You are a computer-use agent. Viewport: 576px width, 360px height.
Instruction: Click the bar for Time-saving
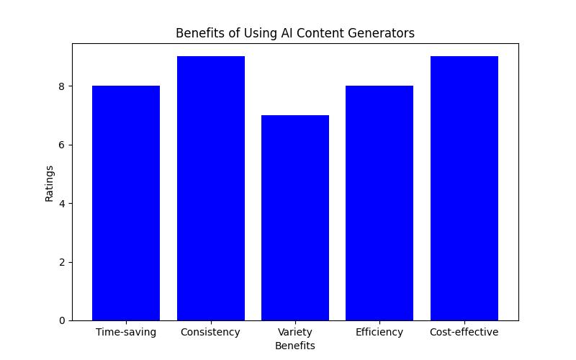click(126, 203)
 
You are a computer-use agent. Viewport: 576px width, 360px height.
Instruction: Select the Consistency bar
click(210, 189)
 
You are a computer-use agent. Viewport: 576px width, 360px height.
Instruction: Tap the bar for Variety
click(295, 217)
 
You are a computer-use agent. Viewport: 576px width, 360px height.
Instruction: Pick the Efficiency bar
click(379, 203)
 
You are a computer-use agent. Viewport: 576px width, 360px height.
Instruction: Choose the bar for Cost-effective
click(464, 189)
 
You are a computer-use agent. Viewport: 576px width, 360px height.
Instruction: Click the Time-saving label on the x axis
click(126, 332)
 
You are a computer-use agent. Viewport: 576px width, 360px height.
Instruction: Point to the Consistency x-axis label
click(210, 332)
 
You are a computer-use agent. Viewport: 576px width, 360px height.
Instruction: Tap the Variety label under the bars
click(295, 332)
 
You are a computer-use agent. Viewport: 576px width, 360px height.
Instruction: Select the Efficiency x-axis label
click(379, 332)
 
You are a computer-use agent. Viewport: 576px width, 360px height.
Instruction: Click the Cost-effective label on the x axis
click(464, 332)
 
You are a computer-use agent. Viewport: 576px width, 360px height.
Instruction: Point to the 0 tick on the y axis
click(61, 320)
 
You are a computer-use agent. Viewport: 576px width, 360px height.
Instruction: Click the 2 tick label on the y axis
click(61, 262)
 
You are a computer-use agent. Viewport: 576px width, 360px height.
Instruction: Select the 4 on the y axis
click(61, 204)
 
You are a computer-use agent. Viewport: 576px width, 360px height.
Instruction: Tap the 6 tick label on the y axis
click(61, 145)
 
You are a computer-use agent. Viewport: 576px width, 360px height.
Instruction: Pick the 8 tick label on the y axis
click(61, 86)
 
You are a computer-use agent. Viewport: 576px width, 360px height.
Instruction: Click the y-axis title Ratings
click(50, 183)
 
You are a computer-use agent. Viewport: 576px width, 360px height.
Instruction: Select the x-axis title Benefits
click(295, 346)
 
